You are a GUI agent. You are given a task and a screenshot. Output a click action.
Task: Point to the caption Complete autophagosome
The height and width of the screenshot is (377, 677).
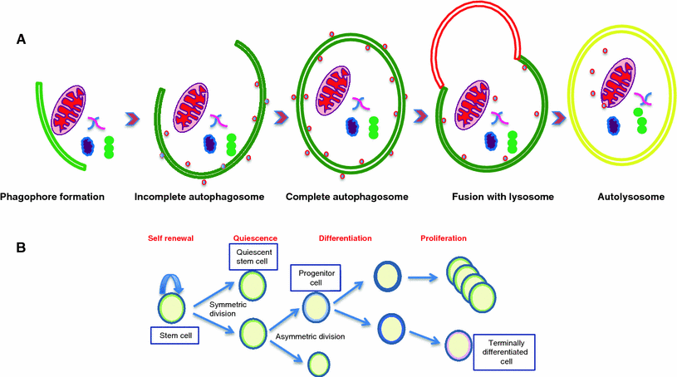tap(340, 198)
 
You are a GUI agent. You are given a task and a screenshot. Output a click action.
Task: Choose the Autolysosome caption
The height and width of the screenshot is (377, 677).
tap(624, 198)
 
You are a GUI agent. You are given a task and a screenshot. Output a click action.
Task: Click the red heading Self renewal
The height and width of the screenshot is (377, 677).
tap(171, 238)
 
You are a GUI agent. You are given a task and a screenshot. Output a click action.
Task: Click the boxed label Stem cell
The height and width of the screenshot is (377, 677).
tap(173, 336)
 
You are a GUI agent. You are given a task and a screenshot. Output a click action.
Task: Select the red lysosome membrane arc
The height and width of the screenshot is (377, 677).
tap(473, 25)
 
